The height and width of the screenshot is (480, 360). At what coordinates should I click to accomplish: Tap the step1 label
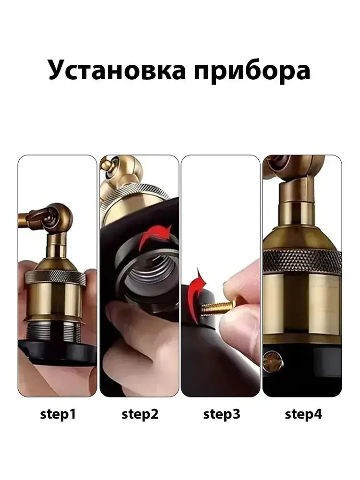coord(58,415)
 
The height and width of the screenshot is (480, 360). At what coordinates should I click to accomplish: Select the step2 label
coord(140,415)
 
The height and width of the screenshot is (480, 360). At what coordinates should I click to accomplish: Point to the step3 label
coord(222,415)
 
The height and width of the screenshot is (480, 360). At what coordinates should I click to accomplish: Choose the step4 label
coord(303,415)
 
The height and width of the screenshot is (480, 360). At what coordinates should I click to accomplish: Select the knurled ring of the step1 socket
coord(55,277)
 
